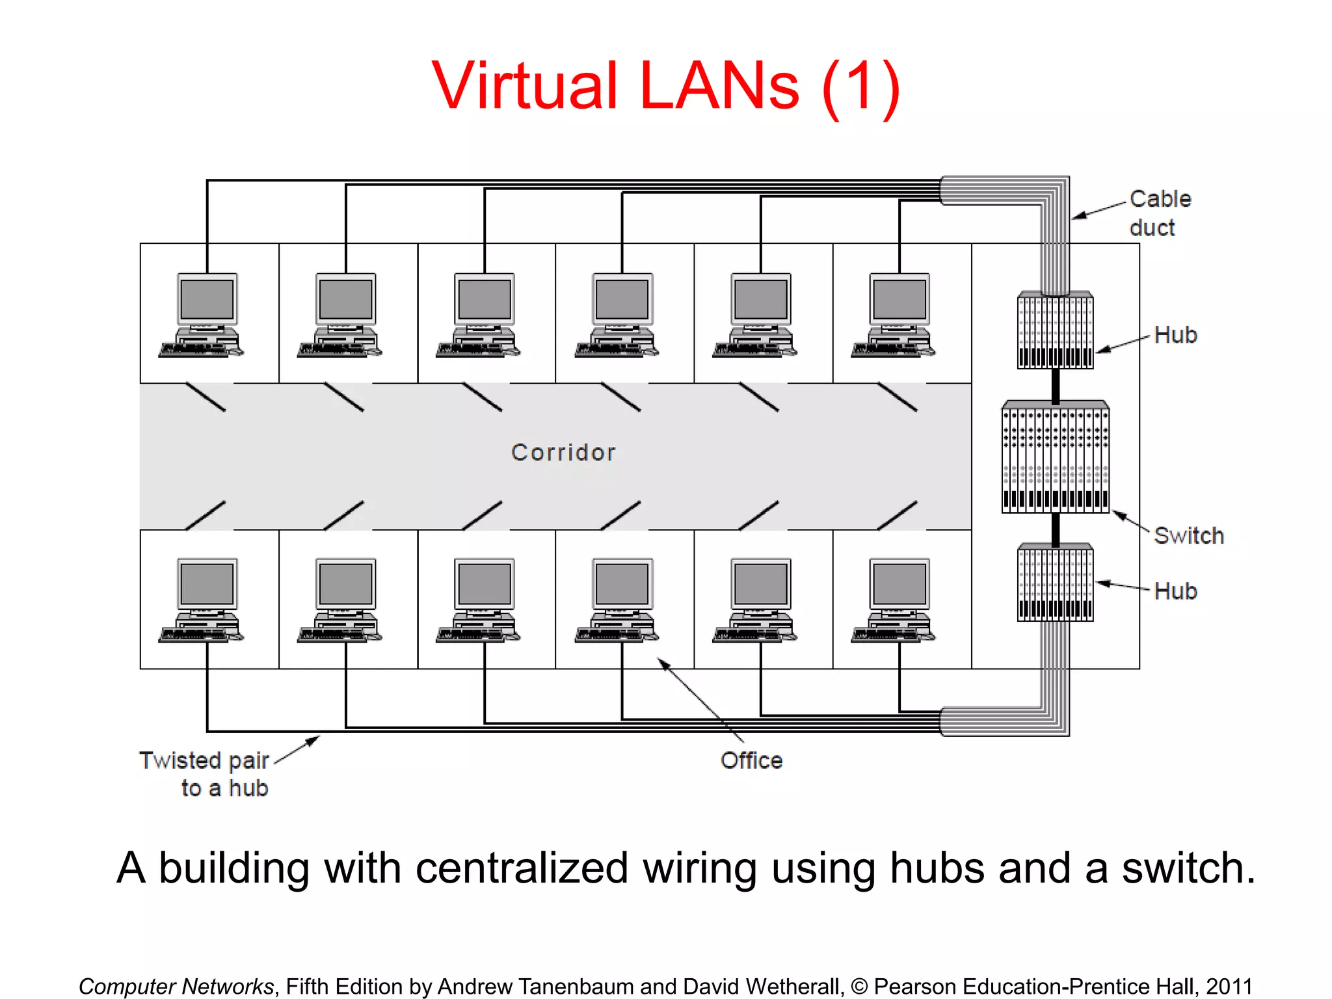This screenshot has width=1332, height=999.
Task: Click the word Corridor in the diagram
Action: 563,452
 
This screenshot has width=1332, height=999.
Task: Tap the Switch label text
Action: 1189,535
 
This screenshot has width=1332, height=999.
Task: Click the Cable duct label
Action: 1160,213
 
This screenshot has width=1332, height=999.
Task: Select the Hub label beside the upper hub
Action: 1175,335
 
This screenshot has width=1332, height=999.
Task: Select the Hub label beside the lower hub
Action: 1175,591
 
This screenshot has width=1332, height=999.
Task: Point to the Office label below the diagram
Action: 751,760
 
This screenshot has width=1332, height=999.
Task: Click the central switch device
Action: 1055,457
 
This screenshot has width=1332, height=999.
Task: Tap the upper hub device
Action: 1055,330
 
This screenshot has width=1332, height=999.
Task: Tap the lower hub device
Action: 1055,583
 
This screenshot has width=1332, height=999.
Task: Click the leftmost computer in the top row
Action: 206,315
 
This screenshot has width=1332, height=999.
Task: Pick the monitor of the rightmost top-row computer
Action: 899,299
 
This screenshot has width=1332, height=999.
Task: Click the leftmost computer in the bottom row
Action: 206,600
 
